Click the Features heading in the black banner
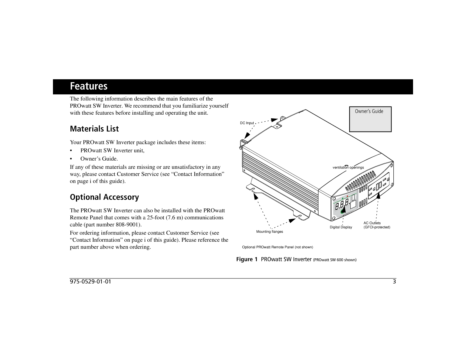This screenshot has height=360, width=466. (x=89, y=87)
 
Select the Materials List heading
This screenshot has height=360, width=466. (x=94, y=129)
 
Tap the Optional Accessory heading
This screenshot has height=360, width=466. (x=104, y=197)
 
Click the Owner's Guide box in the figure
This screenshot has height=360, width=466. (x=370, y=119)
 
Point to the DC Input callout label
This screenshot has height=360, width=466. (x=247, y=123)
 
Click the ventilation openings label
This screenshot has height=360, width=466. (x=348, y=168)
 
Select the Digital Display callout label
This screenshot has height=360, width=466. (x=341, y=227)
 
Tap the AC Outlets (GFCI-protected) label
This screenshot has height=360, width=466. (x=376, y=225)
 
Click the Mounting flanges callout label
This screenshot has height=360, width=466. (x=269, y=232)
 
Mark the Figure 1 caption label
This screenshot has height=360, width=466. (x=247, y=260)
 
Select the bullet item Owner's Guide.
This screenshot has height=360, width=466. (x=99, y=159)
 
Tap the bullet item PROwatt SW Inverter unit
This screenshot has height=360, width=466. (x=112, y=151)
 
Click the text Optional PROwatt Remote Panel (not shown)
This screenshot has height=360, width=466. (x=277, y=247)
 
